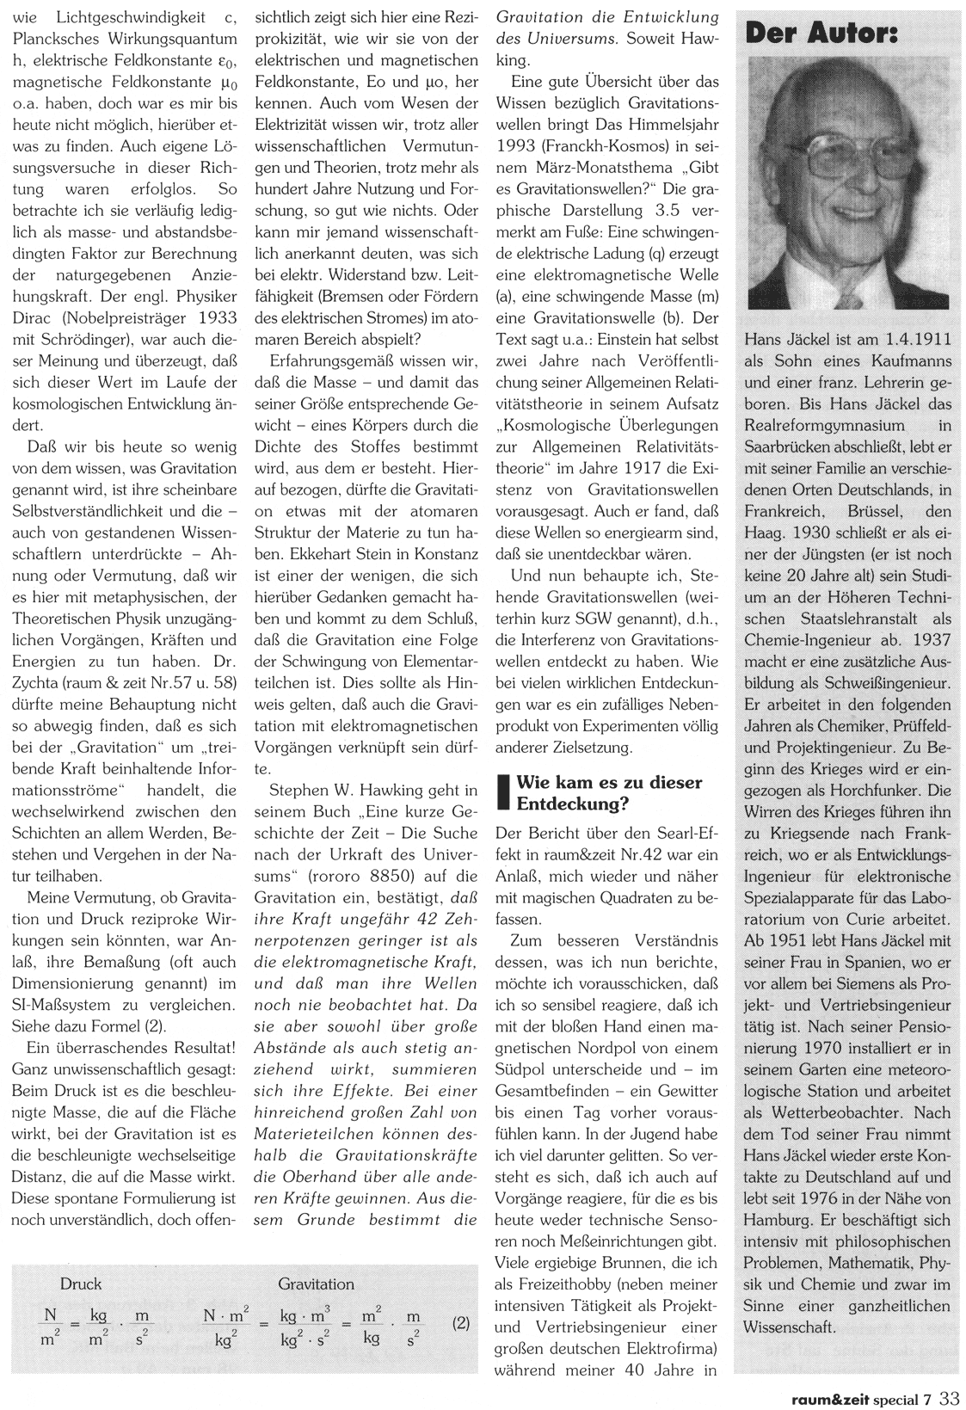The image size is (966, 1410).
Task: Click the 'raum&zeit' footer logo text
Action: coord(829,1398)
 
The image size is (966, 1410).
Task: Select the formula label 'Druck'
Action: coord(80,1284)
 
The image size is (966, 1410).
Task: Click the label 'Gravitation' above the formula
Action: coord(316,1284)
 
